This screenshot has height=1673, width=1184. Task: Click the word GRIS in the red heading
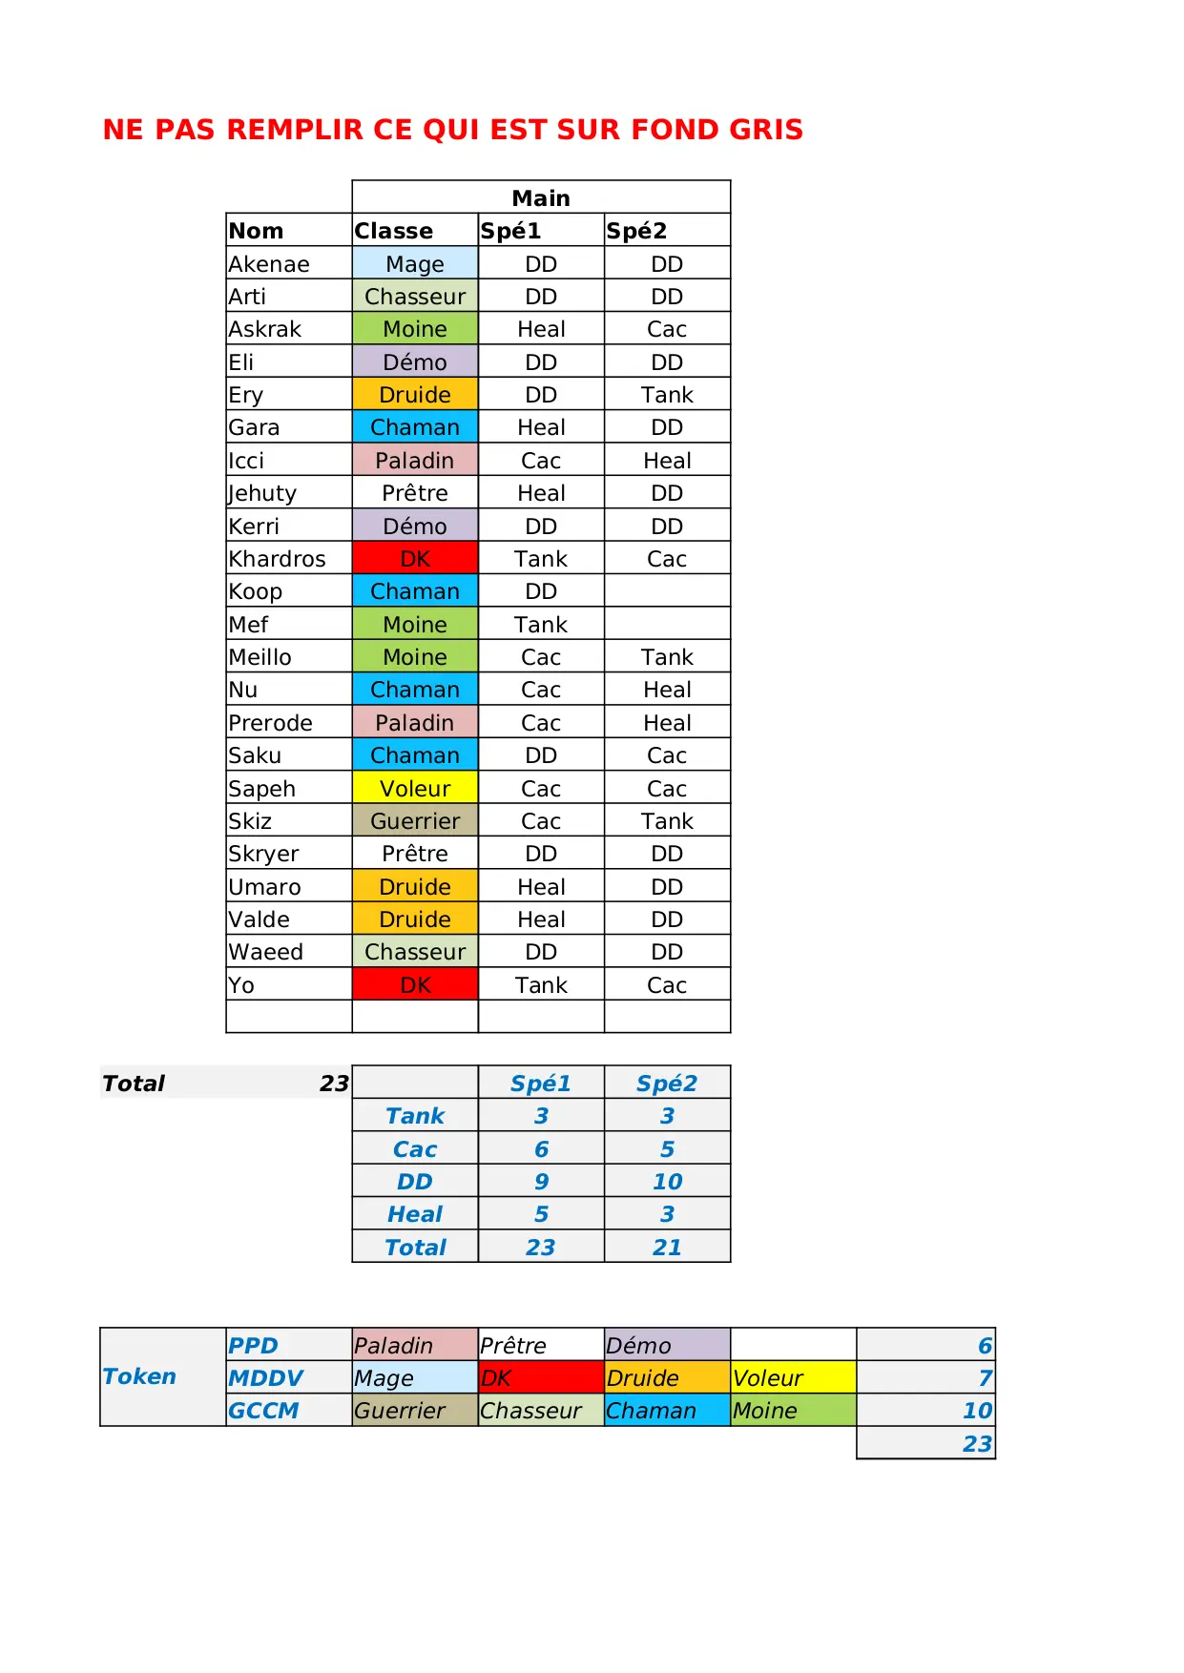pos(766,130)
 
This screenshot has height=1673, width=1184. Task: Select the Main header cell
pos(541,197)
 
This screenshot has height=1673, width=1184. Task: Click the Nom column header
pos(256,231)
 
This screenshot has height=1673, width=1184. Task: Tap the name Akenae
pos(269,264)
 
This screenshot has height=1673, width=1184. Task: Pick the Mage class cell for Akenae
pos(415,264)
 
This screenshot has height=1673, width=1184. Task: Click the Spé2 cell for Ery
pos(667,395)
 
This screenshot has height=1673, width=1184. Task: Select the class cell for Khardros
pos(415,559)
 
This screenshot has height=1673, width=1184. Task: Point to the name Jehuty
pos(262,493)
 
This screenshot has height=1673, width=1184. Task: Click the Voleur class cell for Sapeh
pos(415,789)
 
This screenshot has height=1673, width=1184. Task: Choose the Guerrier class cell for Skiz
pos(415,821)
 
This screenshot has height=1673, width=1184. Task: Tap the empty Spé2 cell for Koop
pos(667,591)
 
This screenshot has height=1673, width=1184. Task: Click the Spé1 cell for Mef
pos(541,625)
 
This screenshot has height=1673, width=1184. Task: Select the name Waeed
pos(266,952)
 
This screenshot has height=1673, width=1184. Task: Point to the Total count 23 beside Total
pos(334,1084)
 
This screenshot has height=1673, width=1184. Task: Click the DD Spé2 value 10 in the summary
pos(667,1182)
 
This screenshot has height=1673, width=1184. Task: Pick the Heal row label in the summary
pos(415,1214)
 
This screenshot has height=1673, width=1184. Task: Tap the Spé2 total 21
pos(667,1248)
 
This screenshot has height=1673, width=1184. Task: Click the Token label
pos(139,1376)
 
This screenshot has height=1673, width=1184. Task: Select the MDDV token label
pos(265,1378)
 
